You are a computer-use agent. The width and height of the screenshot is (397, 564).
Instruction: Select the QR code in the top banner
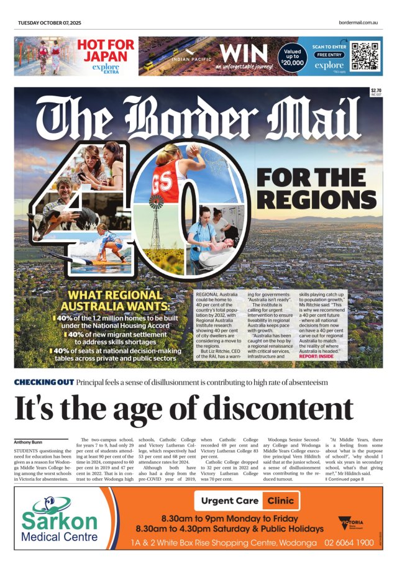(x=364, y=55)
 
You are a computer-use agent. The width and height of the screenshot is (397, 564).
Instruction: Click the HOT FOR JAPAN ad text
(x=105, y=50)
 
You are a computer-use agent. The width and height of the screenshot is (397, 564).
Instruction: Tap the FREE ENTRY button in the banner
(x=329, y=54)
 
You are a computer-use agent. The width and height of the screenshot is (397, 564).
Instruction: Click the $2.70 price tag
(x=375, y=91)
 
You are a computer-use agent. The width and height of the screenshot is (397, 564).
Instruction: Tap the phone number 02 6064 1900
(x=348, y=542)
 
